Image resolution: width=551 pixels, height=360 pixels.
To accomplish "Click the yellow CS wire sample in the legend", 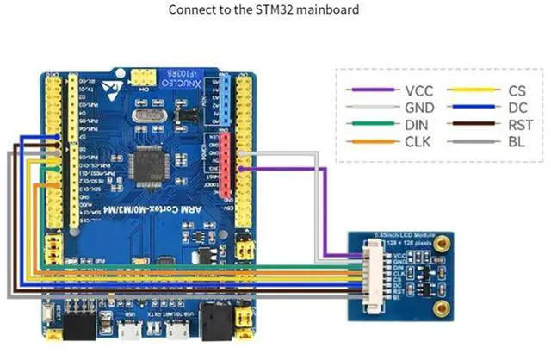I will click(472, 90).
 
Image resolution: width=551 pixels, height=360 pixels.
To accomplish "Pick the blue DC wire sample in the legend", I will click(472, 108).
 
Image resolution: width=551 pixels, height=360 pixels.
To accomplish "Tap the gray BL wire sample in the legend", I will click(472, 142).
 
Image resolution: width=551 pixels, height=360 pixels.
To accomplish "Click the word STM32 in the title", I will click(275, 10).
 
